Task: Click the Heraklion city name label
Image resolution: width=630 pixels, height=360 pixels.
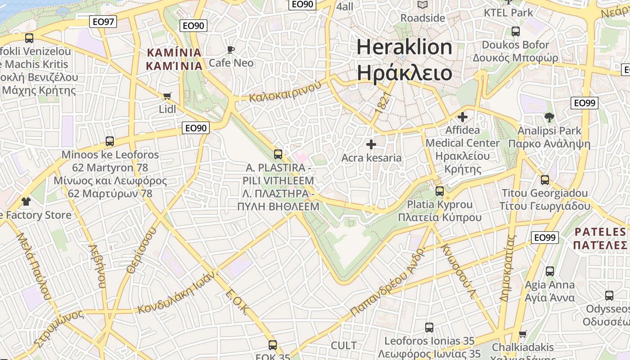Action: [404, 59]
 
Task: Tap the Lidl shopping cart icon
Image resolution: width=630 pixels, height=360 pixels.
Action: [167, 96]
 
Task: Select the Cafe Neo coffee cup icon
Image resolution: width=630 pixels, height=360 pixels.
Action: [231, 49]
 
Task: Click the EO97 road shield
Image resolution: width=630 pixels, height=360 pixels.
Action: [103, 21]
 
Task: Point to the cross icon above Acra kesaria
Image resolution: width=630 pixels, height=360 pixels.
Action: [371, 144]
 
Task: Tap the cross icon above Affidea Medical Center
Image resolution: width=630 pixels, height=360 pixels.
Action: [462, 117]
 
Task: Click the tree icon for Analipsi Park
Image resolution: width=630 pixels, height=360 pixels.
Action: [549, 118]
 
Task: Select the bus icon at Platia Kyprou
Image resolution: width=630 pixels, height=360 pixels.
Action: [440, 191]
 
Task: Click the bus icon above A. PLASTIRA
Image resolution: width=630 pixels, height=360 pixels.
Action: [278, 154]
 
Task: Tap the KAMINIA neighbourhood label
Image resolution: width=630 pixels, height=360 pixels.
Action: [174, 59]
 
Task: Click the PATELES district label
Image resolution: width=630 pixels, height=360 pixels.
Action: [600, 238]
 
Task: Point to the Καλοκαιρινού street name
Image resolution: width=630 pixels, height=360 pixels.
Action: [286, 91]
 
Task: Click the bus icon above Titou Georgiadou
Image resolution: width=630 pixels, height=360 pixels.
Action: [545, 180]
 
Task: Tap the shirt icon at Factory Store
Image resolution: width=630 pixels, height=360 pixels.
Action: [26, 201]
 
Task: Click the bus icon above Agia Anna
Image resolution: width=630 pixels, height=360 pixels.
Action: [549, 271]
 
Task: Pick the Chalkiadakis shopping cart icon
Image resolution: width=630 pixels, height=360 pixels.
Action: [522, 334]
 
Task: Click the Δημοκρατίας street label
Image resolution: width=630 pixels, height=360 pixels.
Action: [507, 268]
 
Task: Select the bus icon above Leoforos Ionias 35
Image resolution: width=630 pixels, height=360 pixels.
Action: [429, 328]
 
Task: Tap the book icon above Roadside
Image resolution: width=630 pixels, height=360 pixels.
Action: [422, 5]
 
